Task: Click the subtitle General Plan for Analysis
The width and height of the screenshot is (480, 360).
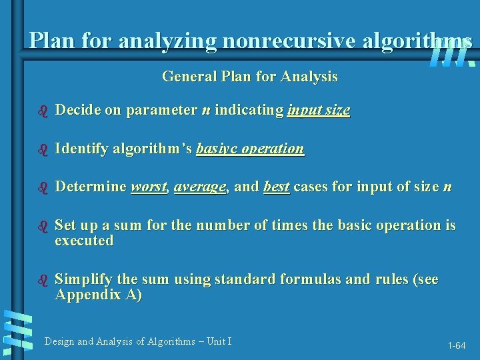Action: click(x=249, y=77)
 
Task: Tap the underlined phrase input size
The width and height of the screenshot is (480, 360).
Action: click(x=318, y=111)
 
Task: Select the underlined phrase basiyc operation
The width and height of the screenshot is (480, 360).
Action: click(x=250, y=149)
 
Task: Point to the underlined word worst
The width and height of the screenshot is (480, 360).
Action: click(x=149, y=187)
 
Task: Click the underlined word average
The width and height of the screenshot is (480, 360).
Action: click(x=200, y=187)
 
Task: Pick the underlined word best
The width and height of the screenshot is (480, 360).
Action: click(x=277, y=187)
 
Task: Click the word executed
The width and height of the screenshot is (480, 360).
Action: click(x=84, y=241)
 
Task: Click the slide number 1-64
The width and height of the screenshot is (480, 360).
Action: click(x=457, y=345)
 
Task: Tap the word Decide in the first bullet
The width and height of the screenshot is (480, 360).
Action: click(x=77, y=111)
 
